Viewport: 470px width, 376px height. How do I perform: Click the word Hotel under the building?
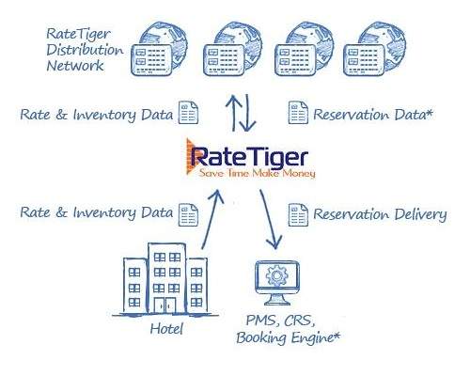pyautogui.click(x=166, y=329)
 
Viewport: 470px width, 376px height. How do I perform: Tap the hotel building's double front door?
pyautogui.click(x=165, y=305)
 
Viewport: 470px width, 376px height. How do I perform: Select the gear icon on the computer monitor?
pyautogui.click(x=277, y=275)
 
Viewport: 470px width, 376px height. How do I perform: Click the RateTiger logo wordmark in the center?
pyautogui.click(x=249, y=157)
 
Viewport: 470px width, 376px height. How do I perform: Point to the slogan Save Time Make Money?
pyautogui.click(x=258, y=173)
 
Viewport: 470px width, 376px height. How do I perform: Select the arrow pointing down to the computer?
pyautogui.click(x=271, y=219)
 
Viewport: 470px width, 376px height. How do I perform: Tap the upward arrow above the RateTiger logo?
pyautogui.click(x=234, y=113)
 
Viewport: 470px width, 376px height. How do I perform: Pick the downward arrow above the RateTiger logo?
pyautogui.click(x=247, y=113)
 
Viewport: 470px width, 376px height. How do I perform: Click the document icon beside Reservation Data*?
pyautogui.click(x=298, y=112)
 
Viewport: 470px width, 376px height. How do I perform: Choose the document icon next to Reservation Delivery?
pyautogui.click(x=298, y=214)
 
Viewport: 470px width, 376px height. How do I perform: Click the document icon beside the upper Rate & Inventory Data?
pyautogui.click(x=188, y=112)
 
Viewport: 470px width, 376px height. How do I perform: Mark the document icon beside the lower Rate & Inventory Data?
pyautogui.click(x=188, y=214)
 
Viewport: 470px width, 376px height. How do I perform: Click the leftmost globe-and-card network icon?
pyautogui.click(x=159, y=49)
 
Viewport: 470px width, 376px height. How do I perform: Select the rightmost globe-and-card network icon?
pyautogui.click(x=374, y=49)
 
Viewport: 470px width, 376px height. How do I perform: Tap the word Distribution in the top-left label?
pyautogui.click(x=85, y=50)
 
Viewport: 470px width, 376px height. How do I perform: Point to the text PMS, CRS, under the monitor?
pyautogui.click(x=280, y=321)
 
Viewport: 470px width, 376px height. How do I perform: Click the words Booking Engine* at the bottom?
pyautogui.click(x=289, y=338)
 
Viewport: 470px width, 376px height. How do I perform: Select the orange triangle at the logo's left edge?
pyautogui.click(x=190, y=156)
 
